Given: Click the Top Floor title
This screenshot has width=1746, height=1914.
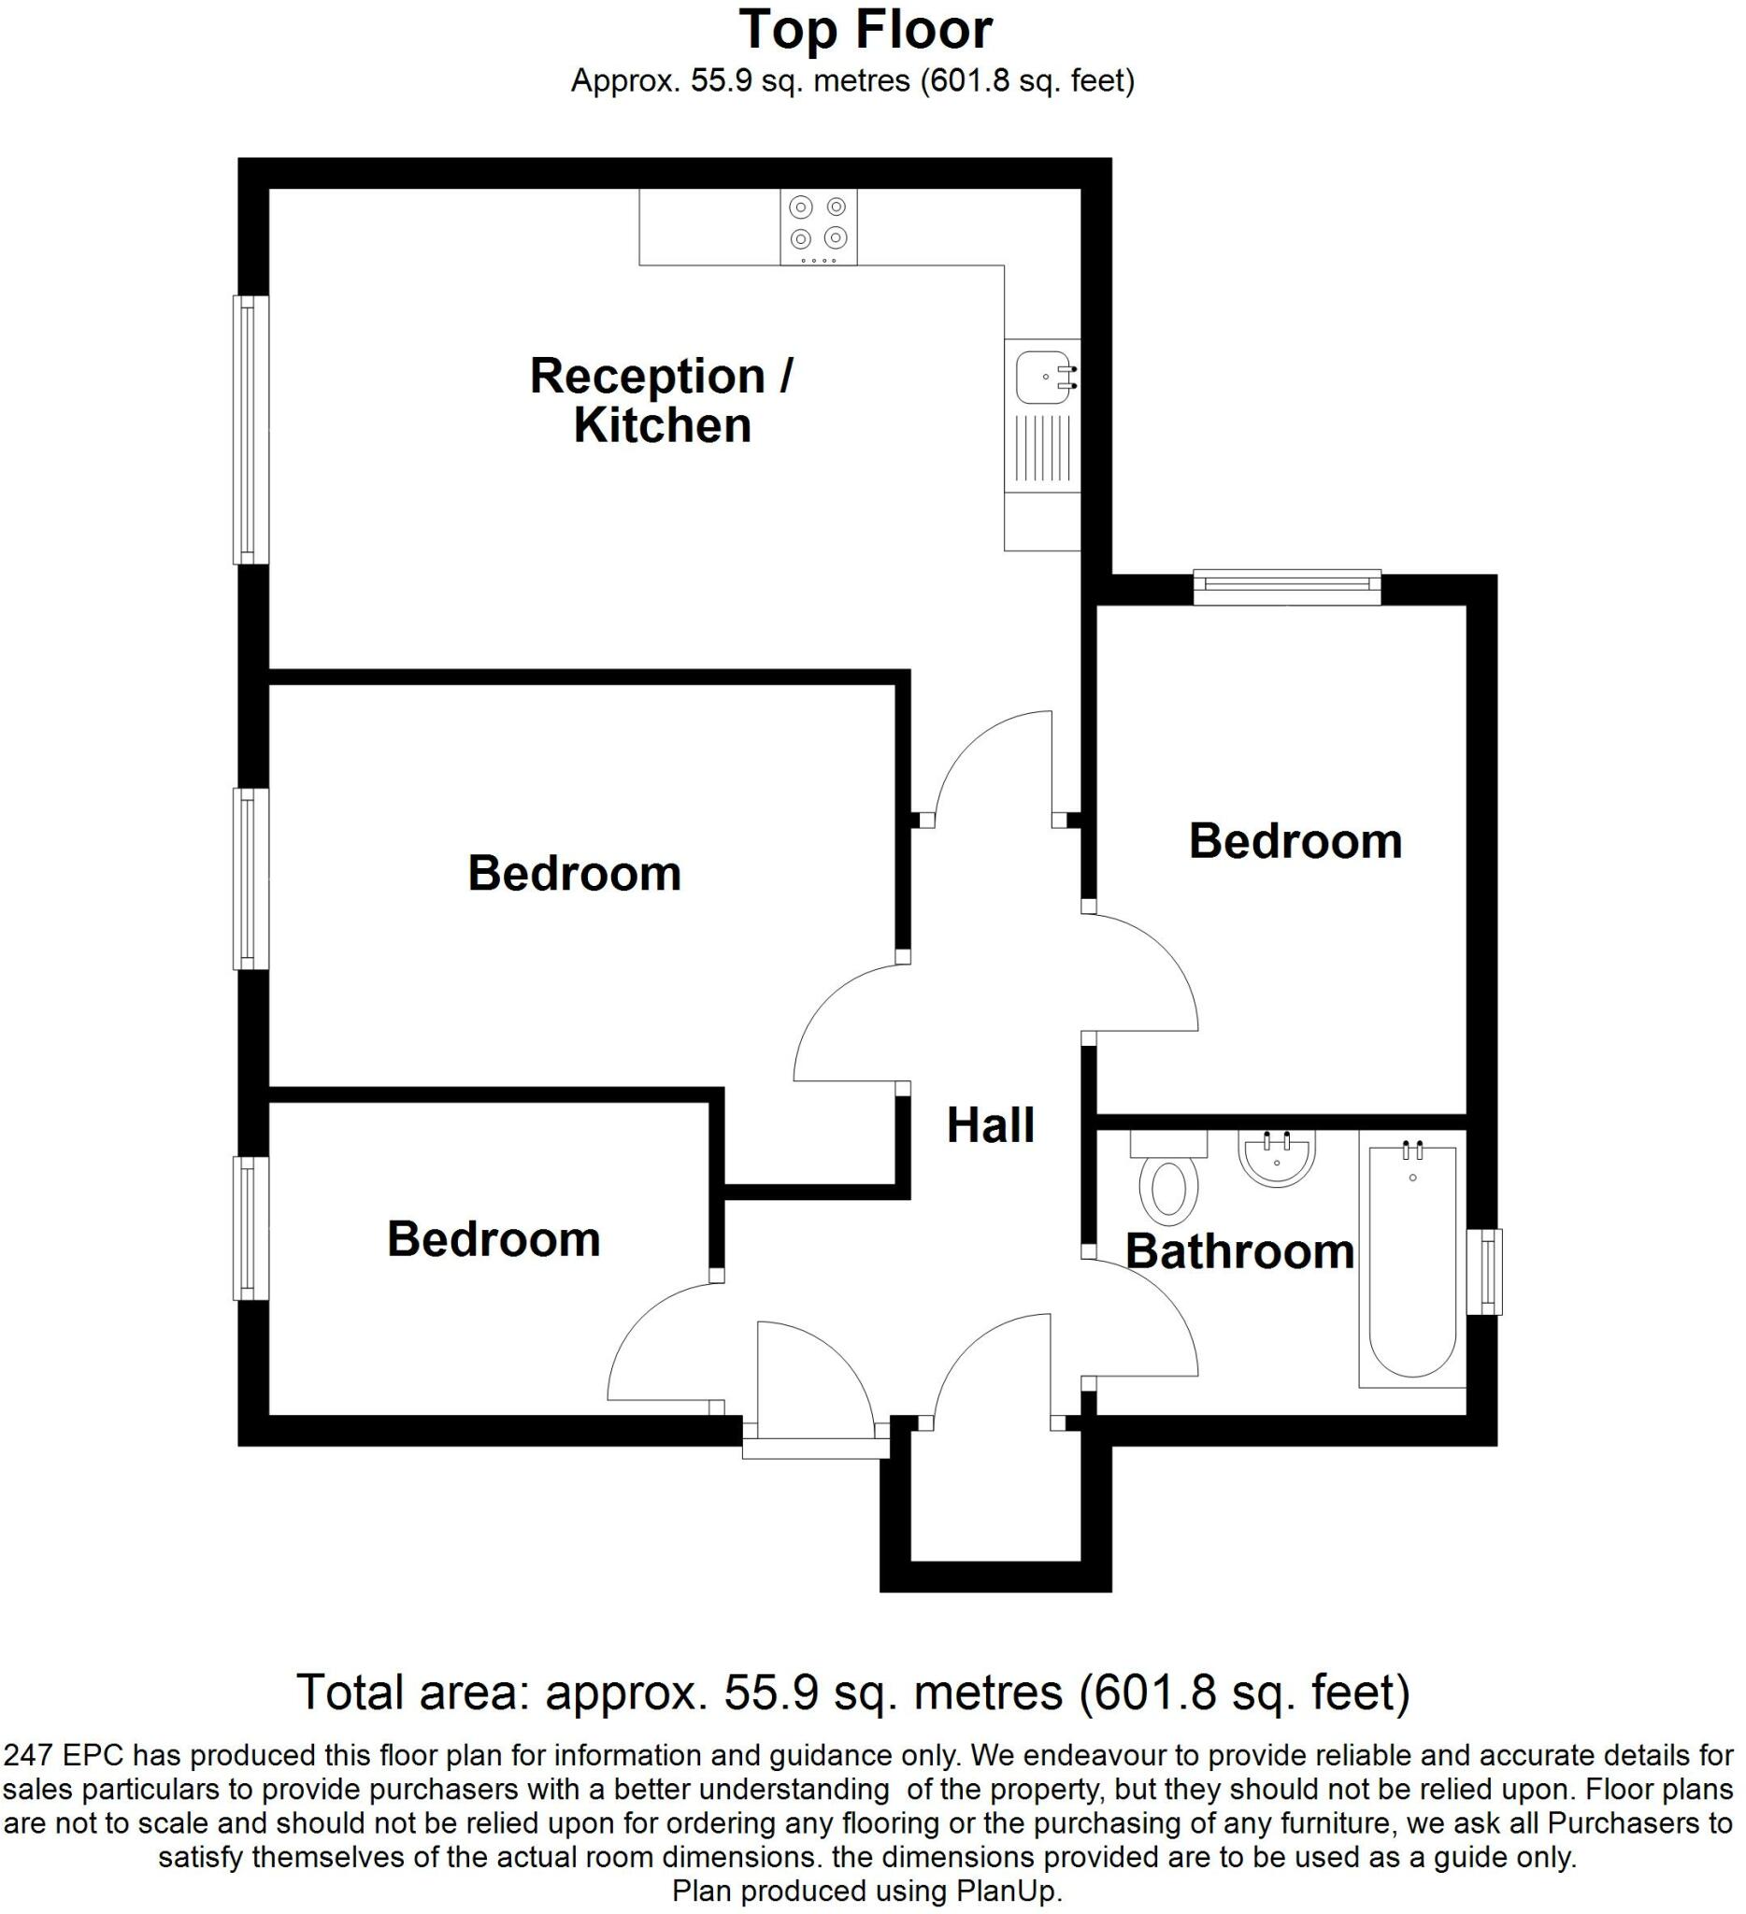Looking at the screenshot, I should pos(865,31).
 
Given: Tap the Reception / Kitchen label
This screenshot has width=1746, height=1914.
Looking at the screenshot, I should pos(662,401).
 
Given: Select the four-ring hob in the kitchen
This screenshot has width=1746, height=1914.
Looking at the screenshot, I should pos(819,227).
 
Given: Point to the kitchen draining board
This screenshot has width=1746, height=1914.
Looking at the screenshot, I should pos(1042,448).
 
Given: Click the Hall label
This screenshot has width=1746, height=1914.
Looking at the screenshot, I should pos(990,1126).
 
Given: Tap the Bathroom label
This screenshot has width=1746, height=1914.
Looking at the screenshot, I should pos(1239,1251).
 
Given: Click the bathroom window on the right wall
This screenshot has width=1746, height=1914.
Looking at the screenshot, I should pos(1485,1271).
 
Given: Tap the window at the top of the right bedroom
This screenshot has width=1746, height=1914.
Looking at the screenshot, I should pos(1286,588).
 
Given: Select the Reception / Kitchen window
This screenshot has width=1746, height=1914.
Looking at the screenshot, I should pos(250,430).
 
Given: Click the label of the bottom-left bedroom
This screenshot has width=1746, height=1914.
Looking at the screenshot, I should pos(494,1240).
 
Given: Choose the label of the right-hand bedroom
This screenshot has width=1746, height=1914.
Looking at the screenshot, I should pos(1295,841).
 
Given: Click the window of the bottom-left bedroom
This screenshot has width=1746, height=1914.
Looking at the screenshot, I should pos(250,1227).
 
